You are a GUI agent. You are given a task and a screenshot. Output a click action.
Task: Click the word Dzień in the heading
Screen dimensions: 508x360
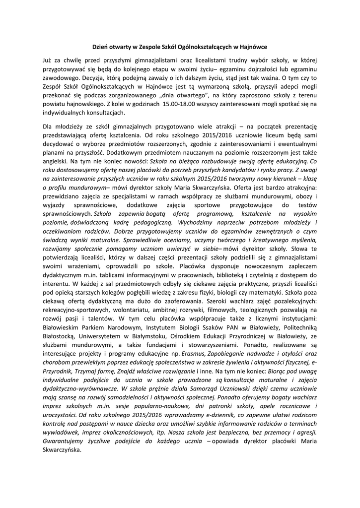pyautogui.click(x=101, y=47)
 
